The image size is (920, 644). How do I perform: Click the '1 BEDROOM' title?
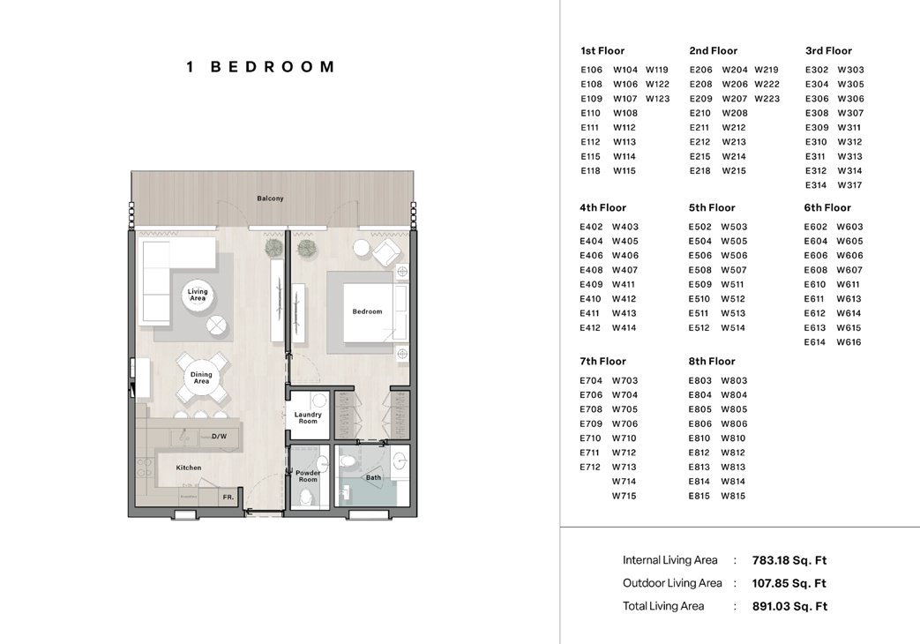tap(260, 67)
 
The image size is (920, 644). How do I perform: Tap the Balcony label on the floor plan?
tap(270, 198)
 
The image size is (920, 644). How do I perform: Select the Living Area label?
tap(198, 295)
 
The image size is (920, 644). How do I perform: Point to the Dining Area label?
tap(201, 378)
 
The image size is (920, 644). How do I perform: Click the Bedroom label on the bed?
tap(367, 311)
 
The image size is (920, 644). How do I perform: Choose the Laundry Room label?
tap(308, 418)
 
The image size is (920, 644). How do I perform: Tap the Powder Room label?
tap(308, 476)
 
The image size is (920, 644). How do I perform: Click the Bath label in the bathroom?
tap(373, 478)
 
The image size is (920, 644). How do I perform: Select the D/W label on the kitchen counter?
tap(219, 436)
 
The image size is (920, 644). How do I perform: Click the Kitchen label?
tap(188, 468)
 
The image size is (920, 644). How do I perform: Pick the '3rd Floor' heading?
tap(828, 51)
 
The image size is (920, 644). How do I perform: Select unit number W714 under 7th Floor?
tap(625, 482)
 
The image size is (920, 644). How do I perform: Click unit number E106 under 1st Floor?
tap(591, 70)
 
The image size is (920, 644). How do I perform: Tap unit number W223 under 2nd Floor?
tap(767, 99)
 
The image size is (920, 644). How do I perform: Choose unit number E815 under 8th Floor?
tap(699, 496)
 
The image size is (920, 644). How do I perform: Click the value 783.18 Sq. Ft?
tap(789, 560)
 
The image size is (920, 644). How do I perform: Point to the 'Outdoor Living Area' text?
tap(672, 583)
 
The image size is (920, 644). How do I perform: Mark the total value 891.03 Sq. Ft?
tap(789, 606)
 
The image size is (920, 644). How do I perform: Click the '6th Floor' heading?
tap(827, 208)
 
